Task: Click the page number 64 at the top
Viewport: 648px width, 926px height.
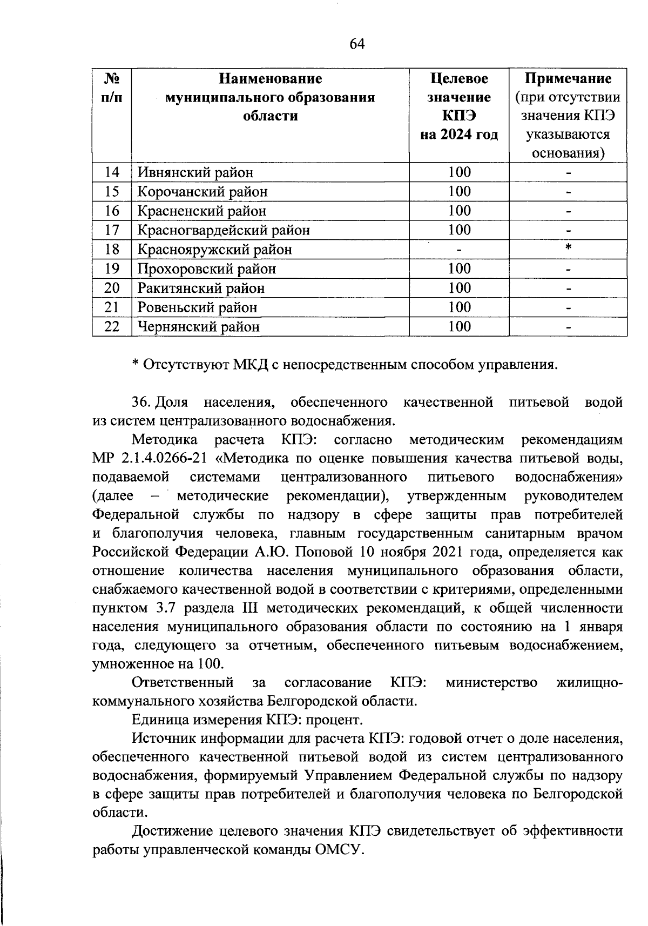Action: pyautogui.click(x=357, y=44)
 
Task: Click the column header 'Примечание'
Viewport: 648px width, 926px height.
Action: pyautogui.click(x=568, y=79)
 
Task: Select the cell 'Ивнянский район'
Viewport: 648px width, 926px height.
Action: pyautogui.click(x=195, y=173)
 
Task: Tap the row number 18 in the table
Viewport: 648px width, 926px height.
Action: pyautogui.click(x=111, y=250)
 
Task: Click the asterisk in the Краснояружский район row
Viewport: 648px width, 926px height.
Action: pyautogui.click(x=568, y=248)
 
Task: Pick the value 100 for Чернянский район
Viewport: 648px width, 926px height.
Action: pyautogui.click(x=459, y=326)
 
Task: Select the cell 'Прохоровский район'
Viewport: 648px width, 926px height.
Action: pyautogui.click(x=207, y=269)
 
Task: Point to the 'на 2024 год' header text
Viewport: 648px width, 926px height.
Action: pyautogui.click(x=459, y=135)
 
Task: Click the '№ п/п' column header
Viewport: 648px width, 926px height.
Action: pyautogui.click(x=111, y=88)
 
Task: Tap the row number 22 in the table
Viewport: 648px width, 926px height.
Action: pyautogui.click(x=111, y=327)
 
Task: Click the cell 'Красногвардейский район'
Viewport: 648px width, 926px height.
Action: pyautogui.click(x=224, y=231)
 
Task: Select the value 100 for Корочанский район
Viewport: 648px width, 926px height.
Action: pyautogui.click(x=459, y=192)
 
